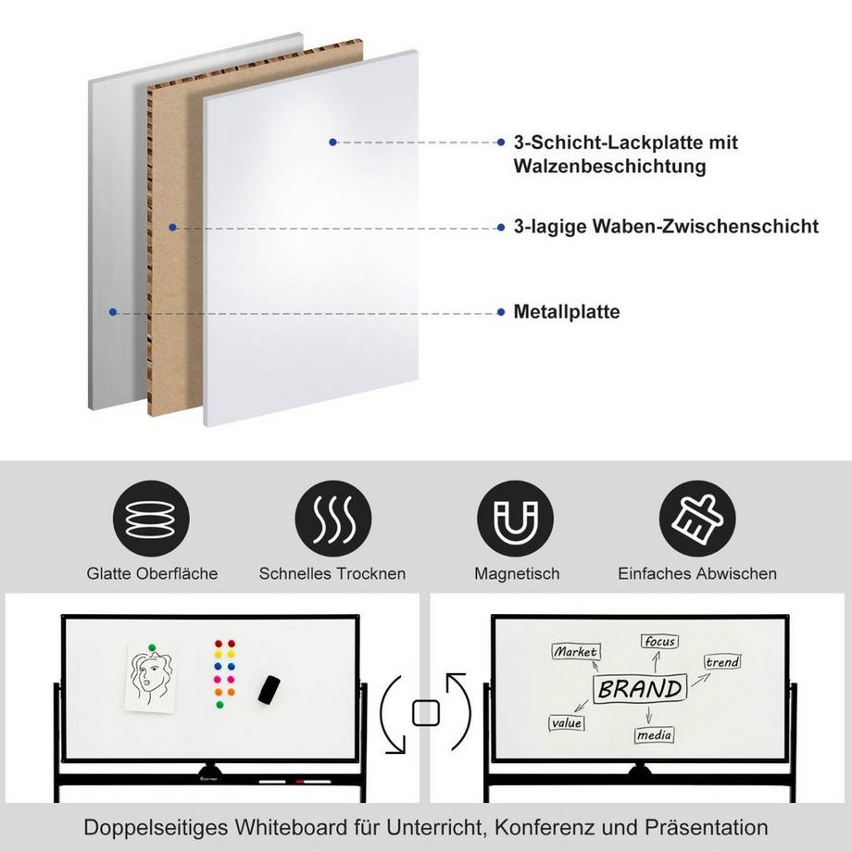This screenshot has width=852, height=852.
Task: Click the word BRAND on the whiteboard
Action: (x=640, y=689)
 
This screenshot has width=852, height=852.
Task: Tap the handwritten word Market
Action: (x=575, y=652)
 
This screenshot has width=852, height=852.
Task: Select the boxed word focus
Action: (x=659, y=641)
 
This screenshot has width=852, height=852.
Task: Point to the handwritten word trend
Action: (x=722, y=662)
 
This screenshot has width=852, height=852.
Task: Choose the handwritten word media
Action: (x=654, y=735)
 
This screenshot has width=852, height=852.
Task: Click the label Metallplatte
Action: (x=567, y=312)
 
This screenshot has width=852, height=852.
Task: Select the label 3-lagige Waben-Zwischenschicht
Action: (x=666, y=226)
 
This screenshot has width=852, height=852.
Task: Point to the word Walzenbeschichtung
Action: (x=609, y=167)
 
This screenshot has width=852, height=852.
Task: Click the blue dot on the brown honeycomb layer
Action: (x=172, y=226)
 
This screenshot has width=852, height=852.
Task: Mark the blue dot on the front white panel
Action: (x=332, y=142)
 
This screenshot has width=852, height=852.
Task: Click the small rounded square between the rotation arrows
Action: (x=426, y=712)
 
